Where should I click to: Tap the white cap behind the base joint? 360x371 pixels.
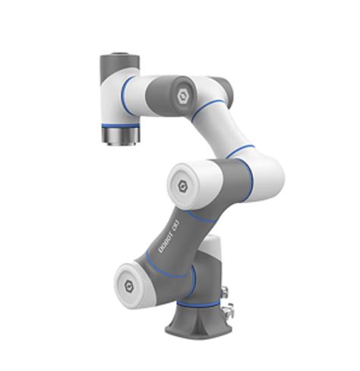tap(208, 251)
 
